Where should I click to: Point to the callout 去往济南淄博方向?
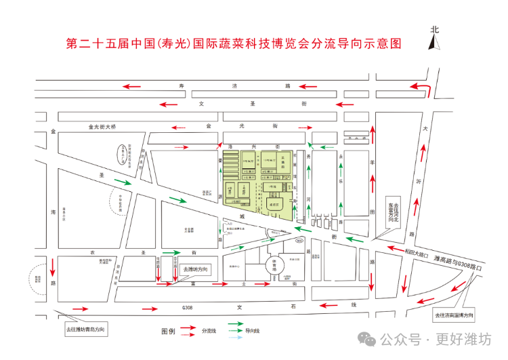(x=454, y=315)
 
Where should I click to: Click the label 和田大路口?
(x=415, y=254)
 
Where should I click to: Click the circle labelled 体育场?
(x=274, y=264)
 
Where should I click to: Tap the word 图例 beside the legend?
(x=168, y=332)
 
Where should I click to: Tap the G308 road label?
(x=188, y=307)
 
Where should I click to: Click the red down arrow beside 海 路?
(x=54, y=262)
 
